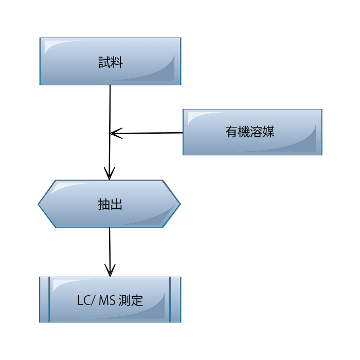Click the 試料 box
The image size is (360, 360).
click(x=110, y=61)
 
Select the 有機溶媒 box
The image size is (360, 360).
click(x=253, y=132)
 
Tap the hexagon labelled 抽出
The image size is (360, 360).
click(x=109, y=204)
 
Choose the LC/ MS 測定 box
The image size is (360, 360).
click(x=110, y=300)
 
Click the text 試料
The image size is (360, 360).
click(x=111, y=62)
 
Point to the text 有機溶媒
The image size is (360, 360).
click(x=250, y=132)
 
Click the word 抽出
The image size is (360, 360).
click(x=110, y=204)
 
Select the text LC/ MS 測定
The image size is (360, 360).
click(x=110, y=300)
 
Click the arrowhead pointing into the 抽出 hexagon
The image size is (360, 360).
click(x=109, y=174)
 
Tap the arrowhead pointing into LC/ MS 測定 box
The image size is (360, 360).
click(x=110, y=271)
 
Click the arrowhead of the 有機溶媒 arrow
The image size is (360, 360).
click(x=116, y=133)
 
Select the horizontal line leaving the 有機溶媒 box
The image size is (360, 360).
click(x=147, y=133)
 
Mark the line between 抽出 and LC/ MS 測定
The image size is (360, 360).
click(x=110, y=252)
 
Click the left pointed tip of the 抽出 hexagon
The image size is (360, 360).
click(x=39, y=204)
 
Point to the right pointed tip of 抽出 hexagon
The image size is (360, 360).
click(x=180, y=204)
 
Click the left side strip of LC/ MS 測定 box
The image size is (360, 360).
click(x=44, y=300)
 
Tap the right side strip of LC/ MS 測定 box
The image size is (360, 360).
click(x=176, y=300)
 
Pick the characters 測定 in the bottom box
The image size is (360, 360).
click(x=131, y=300)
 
